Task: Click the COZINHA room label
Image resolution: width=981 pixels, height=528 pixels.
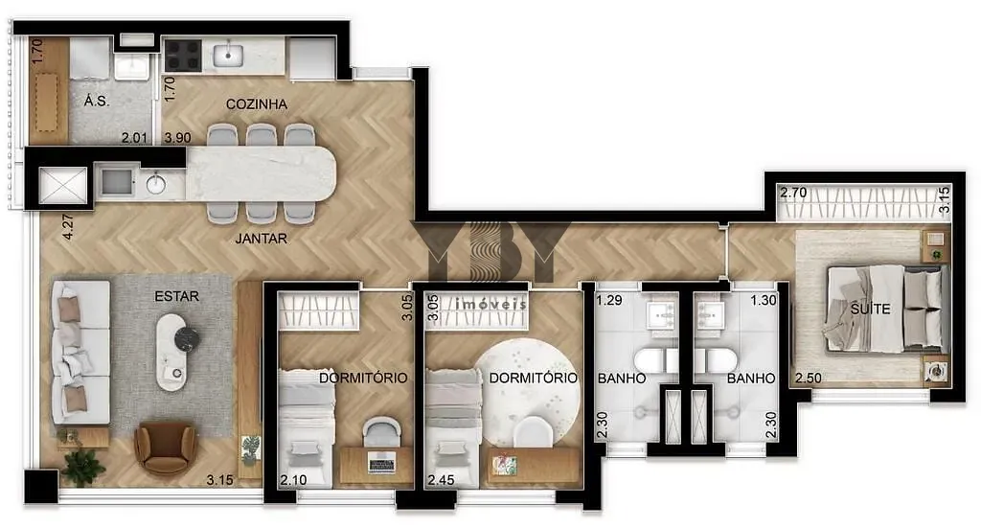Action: click(x=257, y=104)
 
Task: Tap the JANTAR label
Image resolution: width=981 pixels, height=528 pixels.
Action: click(x=262, y=239)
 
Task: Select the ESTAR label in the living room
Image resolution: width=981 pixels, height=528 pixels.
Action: click(x=176, y=296)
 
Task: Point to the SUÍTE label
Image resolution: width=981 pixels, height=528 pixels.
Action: click(x=870, y=309)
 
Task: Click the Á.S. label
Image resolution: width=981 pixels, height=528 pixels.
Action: click(x=97, y=101)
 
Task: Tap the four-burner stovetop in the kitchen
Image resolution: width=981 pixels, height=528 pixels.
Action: click(x=182, y=55)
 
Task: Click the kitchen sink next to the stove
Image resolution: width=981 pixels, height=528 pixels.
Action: click(x=228, y=55)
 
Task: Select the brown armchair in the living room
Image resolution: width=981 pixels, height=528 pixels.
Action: click(x=165, y=448)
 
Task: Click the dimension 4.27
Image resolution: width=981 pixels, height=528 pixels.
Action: click(x=68, y=227)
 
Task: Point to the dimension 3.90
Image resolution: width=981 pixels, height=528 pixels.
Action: click(x=177, y=138)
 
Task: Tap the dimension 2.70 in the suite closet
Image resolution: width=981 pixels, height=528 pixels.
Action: click(x=793, y=193)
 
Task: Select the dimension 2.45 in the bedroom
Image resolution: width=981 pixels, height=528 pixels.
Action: click(x=441, y=480)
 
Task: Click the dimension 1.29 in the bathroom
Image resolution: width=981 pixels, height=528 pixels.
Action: click(x=608, y=300)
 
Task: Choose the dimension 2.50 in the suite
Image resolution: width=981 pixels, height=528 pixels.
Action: click(x=809, y=379)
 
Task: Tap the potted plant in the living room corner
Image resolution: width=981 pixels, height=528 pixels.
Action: click(x=82, y=467)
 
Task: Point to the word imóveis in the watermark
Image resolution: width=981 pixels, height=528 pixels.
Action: click(x=491, y=305)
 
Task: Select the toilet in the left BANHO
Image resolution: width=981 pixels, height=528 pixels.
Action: click(x=655, y=361)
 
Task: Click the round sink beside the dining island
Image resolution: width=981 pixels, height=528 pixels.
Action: click(x=155, y=185)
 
